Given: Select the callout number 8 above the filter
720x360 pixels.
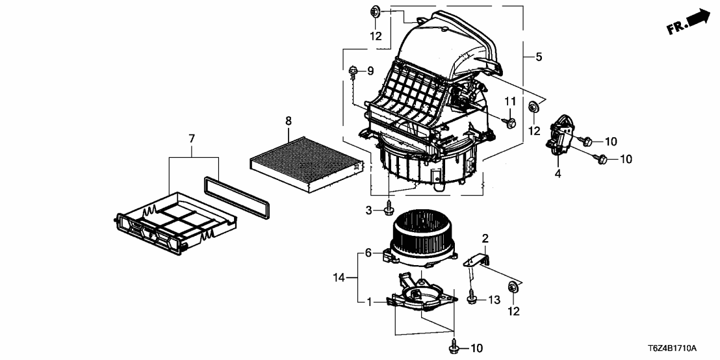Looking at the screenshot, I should coord(289,120).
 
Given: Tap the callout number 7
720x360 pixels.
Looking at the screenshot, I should coord(192,138).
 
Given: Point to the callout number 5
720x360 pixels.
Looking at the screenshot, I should coord(539,57).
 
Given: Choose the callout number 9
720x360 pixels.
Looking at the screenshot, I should coord(370,70).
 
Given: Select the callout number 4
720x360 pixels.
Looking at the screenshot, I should coord(557,174).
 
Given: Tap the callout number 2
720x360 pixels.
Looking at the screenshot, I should coord(484,238).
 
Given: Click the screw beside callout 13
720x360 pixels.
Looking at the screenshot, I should coord(471,298).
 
